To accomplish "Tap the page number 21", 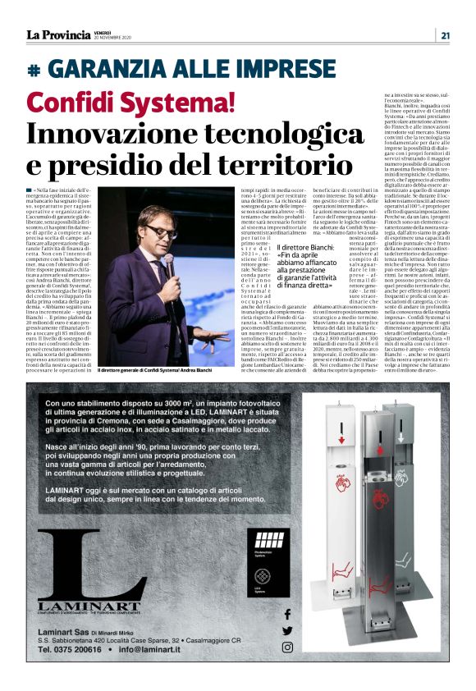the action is (x=445, y=35).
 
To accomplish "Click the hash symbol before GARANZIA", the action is (x=34, y=71).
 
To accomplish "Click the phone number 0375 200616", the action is (x=75, y=648).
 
